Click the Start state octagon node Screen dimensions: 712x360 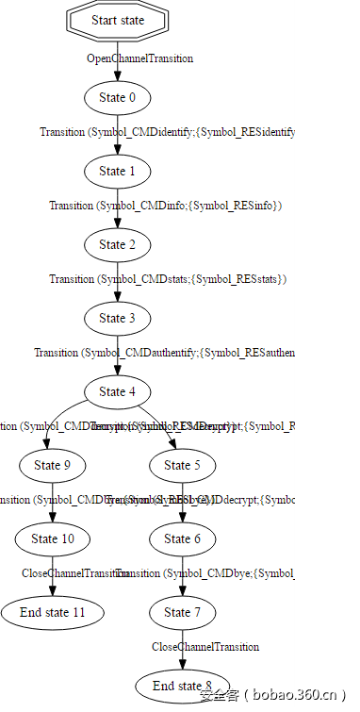coord(118,21)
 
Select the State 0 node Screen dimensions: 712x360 coord(118,97)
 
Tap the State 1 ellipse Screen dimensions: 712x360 coord(118,171)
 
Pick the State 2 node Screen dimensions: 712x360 coord(118,244)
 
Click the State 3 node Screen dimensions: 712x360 coord(118,318)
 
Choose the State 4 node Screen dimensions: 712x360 coord(118,391)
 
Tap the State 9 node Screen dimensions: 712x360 coord(53,465)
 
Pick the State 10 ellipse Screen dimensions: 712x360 coord(53,538)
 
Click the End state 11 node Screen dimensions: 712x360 coord(53,612)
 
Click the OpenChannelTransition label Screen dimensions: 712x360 coord(139,58)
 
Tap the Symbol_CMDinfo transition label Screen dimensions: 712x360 coord(166,206)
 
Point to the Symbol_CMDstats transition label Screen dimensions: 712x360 coord(168,279)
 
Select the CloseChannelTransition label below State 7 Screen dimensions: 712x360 coord(205,647)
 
